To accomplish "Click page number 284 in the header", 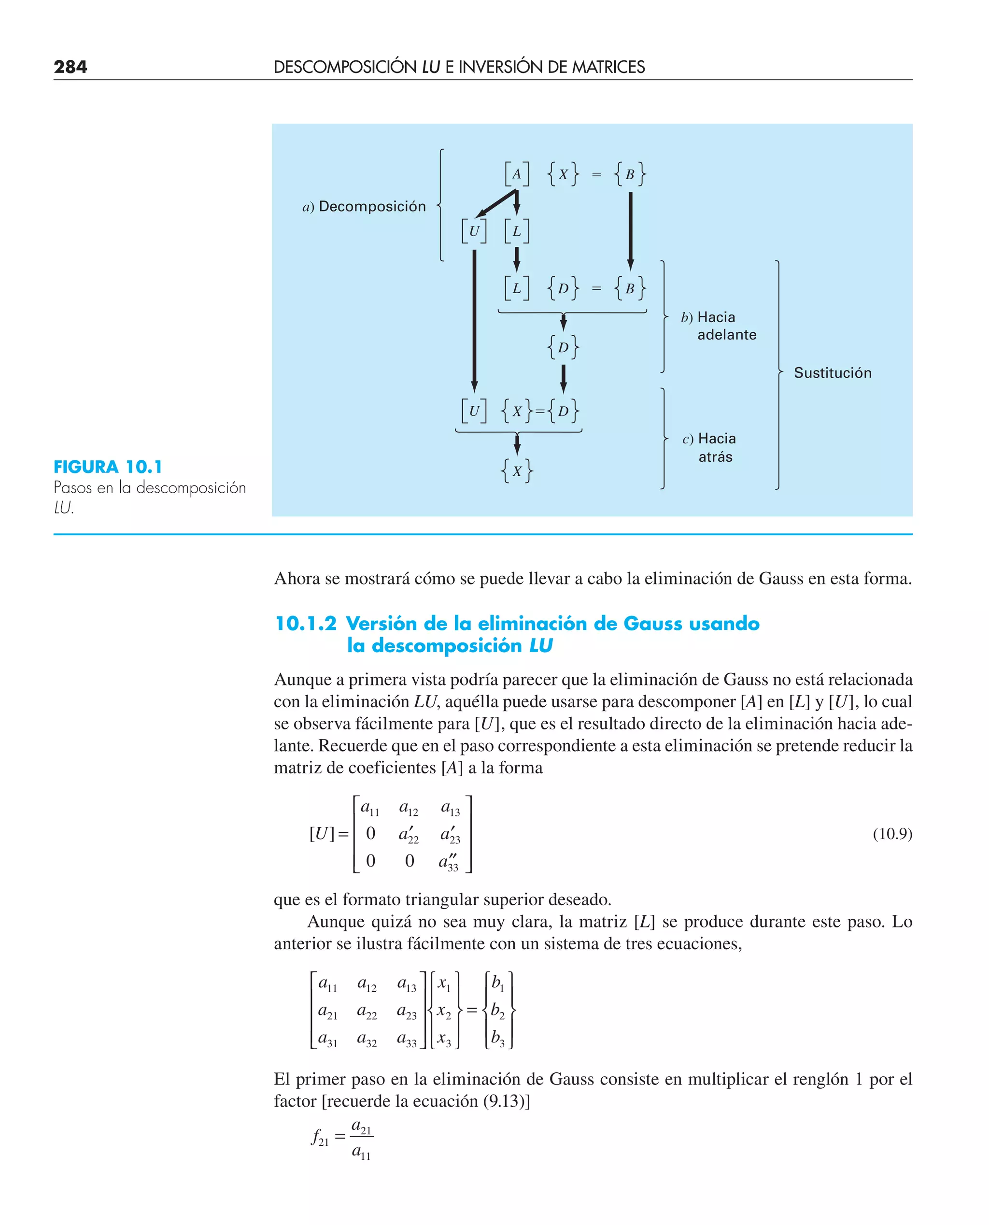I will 70,67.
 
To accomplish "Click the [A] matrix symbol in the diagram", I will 516,174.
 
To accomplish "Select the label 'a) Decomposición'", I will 364,206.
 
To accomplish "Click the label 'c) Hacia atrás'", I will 709,447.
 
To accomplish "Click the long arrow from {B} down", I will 630,231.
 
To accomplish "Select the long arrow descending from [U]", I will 474,319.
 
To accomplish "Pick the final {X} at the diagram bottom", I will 516,470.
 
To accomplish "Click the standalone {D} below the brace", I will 563,347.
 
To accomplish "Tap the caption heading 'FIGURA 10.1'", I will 108,467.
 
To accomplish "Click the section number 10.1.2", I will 305,623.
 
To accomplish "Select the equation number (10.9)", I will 892,834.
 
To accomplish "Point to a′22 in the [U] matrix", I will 409,835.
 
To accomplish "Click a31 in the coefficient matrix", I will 327,1039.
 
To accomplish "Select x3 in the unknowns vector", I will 444,1039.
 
